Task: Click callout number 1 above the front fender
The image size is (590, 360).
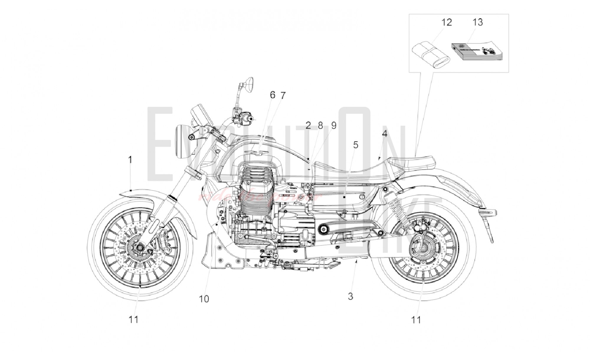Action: click(130, 160)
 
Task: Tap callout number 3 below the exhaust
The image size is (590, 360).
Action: click(350, 296)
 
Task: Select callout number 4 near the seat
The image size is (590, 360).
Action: click(384, 134)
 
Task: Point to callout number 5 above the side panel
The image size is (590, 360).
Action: click(356, 145)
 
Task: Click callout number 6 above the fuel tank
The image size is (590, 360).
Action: click(272, 95)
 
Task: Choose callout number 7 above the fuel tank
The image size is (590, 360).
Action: click(283, 96)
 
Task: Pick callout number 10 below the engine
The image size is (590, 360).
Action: click(204, 299)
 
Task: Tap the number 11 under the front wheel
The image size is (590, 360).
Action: click(133, 320)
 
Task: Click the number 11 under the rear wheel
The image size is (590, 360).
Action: click(416, 320)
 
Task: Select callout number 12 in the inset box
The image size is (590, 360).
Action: click(447, 22)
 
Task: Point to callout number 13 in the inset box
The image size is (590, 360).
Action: click(478, 22)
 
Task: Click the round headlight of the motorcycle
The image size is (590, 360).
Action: click(180, 142)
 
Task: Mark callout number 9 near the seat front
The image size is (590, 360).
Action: click(334, 126)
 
